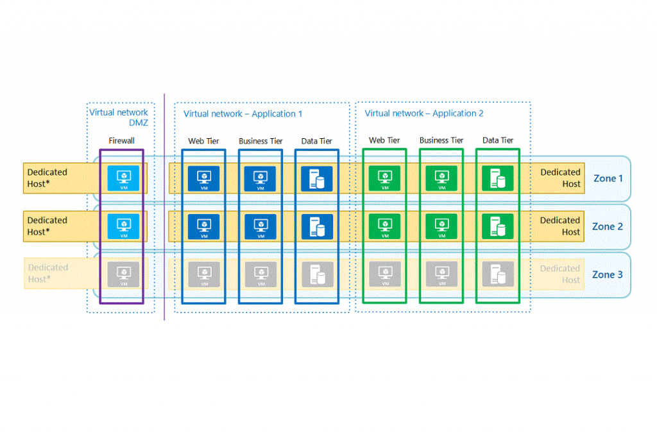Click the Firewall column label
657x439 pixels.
click(121, 141)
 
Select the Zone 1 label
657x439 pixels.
click(608, 178)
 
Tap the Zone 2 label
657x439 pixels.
click(608, 226)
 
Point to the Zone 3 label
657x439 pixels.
click(608, 274)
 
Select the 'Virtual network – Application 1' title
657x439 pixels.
click(243, 114)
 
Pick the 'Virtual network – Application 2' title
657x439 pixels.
click(424, 113)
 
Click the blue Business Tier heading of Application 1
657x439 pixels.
click(260, 141)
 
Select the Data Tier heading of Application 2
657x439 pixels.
click(498, 140)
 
